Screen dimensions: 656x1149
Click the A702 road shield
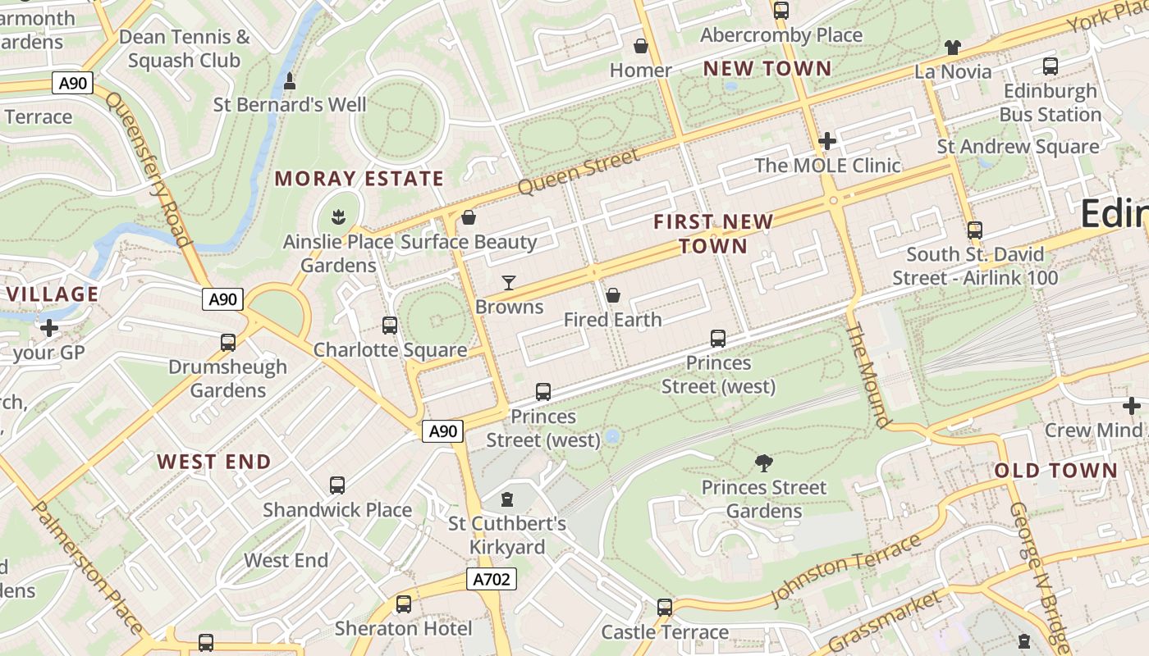[492, 579]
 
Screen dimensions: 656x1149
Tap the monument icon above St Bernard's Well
[289, 81]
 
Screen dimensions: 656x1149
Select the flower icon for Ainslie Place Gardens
[337, 218]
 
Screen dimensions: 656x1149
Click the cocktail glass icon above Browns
[509, 283]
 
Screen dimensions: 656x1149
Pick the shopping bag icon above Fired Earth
[612, 295]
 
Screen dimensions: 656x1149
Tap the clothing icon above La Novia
[952, 48]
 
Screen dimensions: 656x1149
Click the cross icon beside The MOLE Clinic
[826, 141]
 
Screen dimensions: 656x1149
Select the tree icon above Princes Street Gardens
[763, 463]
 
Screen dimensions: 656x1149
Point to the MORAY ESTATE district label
[359, 179]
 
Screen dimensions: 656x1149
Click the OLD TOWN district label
[1055, 471]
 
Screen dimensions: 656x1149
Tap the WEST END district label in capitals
[214, 462]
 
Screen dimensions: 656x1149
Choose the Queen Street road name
[578, 172]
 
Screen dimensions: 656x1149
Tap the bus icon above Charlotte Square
[390, 326]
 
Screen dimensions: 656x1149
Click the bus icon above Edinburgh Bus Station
[1050, 66]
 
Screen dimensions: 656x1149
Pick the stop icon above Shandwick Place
[337, 485]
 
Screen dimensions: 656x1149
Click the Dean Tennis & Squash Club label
[184, 48]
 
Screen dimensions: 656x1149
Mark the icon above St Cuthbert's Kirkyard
[507, 499]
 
